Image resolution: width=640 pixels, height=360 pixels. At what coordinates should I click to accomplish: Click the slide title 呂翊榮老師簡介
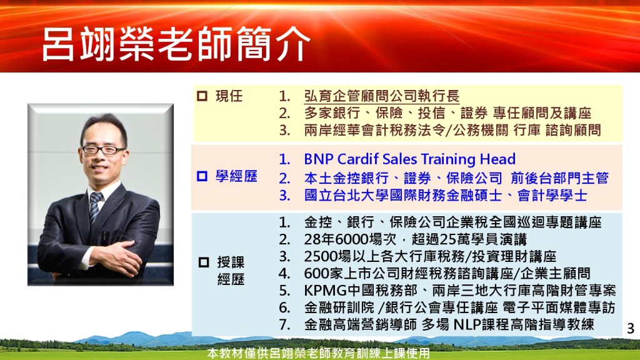[176, 44]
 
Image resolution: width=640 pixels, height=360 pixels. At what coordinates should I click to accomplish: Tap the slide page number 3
[631, 328]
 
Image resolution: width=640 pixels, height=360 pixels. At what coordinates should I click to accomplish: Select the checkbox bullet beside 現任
[202, 96]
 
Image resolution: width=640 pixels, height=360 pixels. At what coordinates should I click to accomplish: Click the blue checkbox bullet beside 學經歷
[202, 176]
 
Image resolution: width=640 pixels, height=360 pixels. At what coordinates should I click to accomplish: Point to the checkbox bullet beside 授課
[204, 262]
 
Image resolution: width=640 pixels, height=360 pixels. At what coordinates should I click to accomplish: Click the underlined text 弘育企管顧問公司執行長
[382, 96]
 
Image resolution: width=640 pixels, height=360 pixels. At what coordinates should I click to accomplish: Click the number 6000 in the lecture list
[348, 239]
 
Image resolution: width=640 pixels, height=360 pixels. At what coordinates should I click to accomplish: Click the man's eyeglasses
[102, 150]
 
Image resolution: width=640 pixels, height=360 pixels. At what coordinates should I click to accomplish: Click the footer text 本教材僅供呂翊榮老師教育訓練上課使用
[319, 353]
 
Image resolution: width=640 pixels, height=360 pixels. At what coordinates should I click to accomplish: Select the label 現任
[229, 96]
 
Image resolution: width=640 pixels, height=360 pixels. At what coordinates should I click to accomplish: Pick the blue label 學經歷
[236, 176]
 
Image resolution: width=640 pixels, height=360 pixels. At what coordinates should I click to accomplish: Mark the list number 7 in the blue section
[284, 324]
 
